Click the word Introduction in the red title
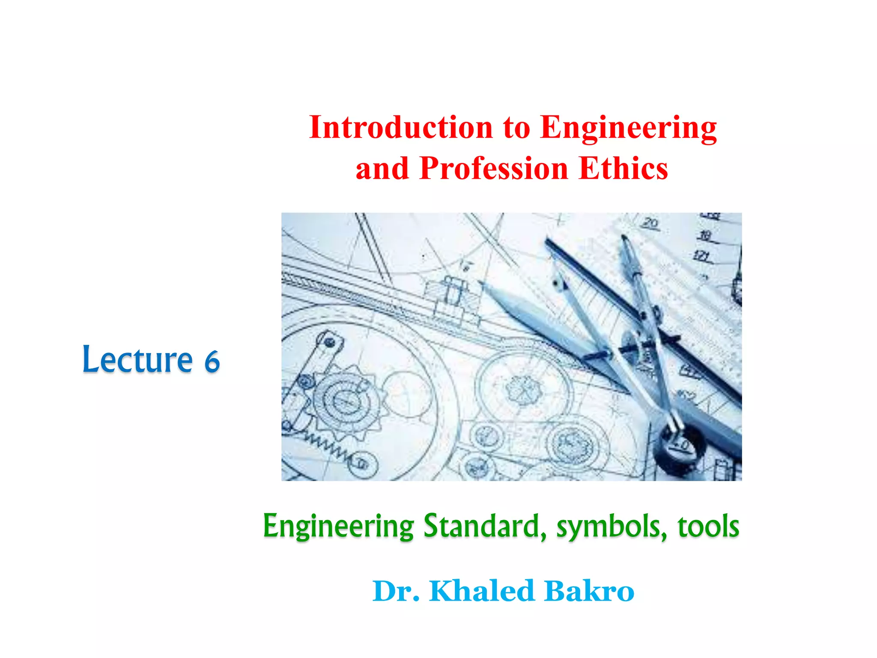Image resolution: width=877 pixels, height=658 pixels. tap(401, 127)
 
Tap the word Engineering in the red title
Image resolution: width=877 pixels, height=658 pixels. tap(628, 128)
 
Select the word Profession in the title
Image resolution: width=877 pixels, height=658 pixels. tap(494, 168)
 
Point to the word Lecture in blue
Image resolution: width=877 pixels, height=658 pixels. tap(137, 359)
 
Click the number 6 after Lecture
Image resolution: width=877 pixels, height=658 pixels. tap(212, 362)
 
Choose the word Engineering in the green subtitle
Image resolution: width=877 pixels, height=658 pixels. tap(338, 526)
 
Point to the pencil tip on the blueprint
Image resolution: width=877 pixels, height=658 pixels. tap(482, 283)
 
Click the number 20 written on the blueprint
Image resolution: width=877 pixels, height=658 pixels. tap(650, 223)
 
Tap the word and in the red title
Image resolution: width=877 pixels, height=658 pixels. tap(382, 168)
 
